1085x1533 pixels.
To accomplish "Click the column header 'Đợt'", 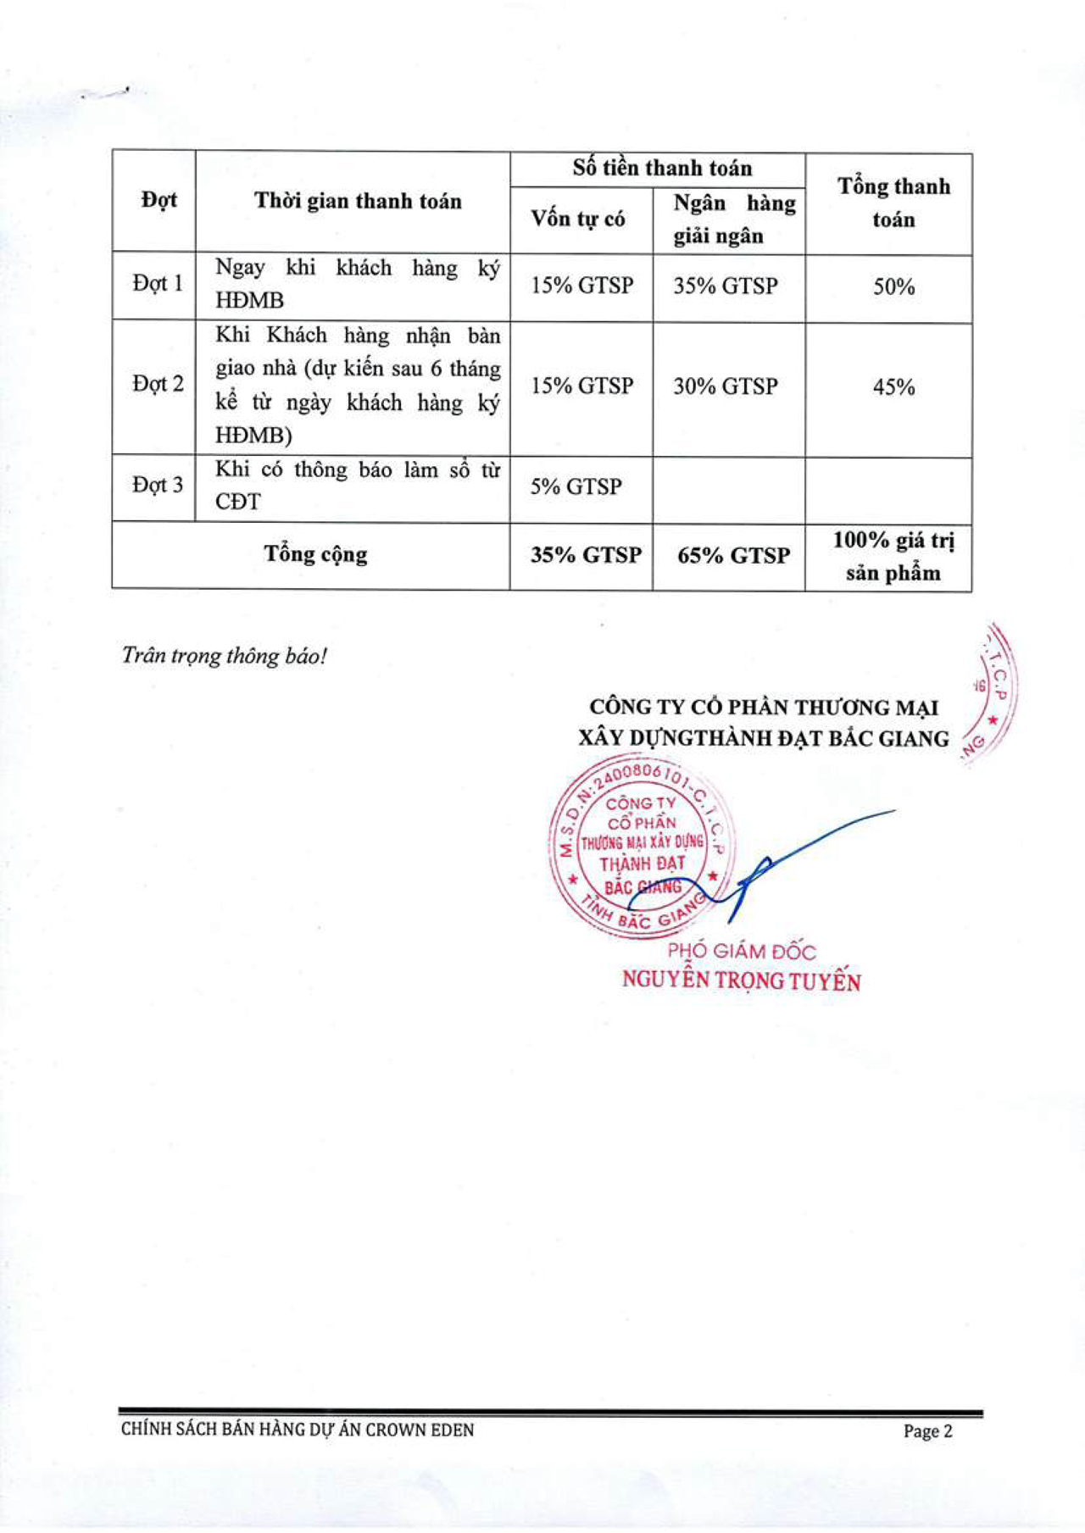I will (x=159, y=201).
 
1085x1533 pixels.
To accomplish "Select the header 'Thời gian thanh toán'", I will (x=358, y=202).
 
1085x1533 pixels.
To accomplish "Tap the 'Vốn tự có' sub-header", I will (x=578, y=219).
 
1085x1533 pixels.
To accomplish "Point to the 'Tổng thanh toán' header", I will (x=893, y=203).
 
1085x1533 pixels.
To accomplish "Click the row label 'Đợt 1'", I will (x=158, y=284).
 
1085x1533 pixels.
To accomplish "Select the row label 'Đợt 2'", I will (x=158, y=385).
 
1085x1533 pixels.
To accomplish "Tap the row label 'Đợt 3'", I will (x=158, y=486).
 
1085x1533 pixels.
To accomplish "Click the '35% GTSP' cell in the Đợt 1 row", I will (x=726, y=286).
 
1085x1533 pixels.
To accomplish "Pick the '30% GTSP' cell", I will (x=726, y=386).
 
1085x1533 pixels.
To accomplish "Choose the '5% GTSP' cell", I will (x=576, y=486).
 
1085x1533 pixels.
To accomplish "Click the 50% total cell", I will (x=893, y=286).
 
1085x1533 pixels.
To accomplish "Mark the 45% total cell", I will (x=893, y=387).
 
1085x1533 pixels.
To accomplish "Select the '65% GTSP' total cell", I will (x=733, y=556).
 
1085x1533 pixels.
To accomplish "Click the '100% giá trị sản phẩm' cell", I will (x=893, y=556).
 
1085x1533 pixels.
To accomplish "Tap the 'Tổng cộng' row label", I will (x=315, y=554).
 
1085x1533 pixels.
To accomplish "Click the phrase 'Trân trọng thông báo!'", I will (x=225, y=656).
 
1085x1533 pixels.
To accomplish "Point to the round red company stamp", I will (x=641, y=847).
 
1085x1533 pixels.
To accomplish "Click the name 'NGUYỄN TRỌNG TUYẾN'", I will (x=741, y=980).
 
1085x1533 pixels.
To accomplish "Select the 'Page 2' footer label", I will (x=927, y=1431).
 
